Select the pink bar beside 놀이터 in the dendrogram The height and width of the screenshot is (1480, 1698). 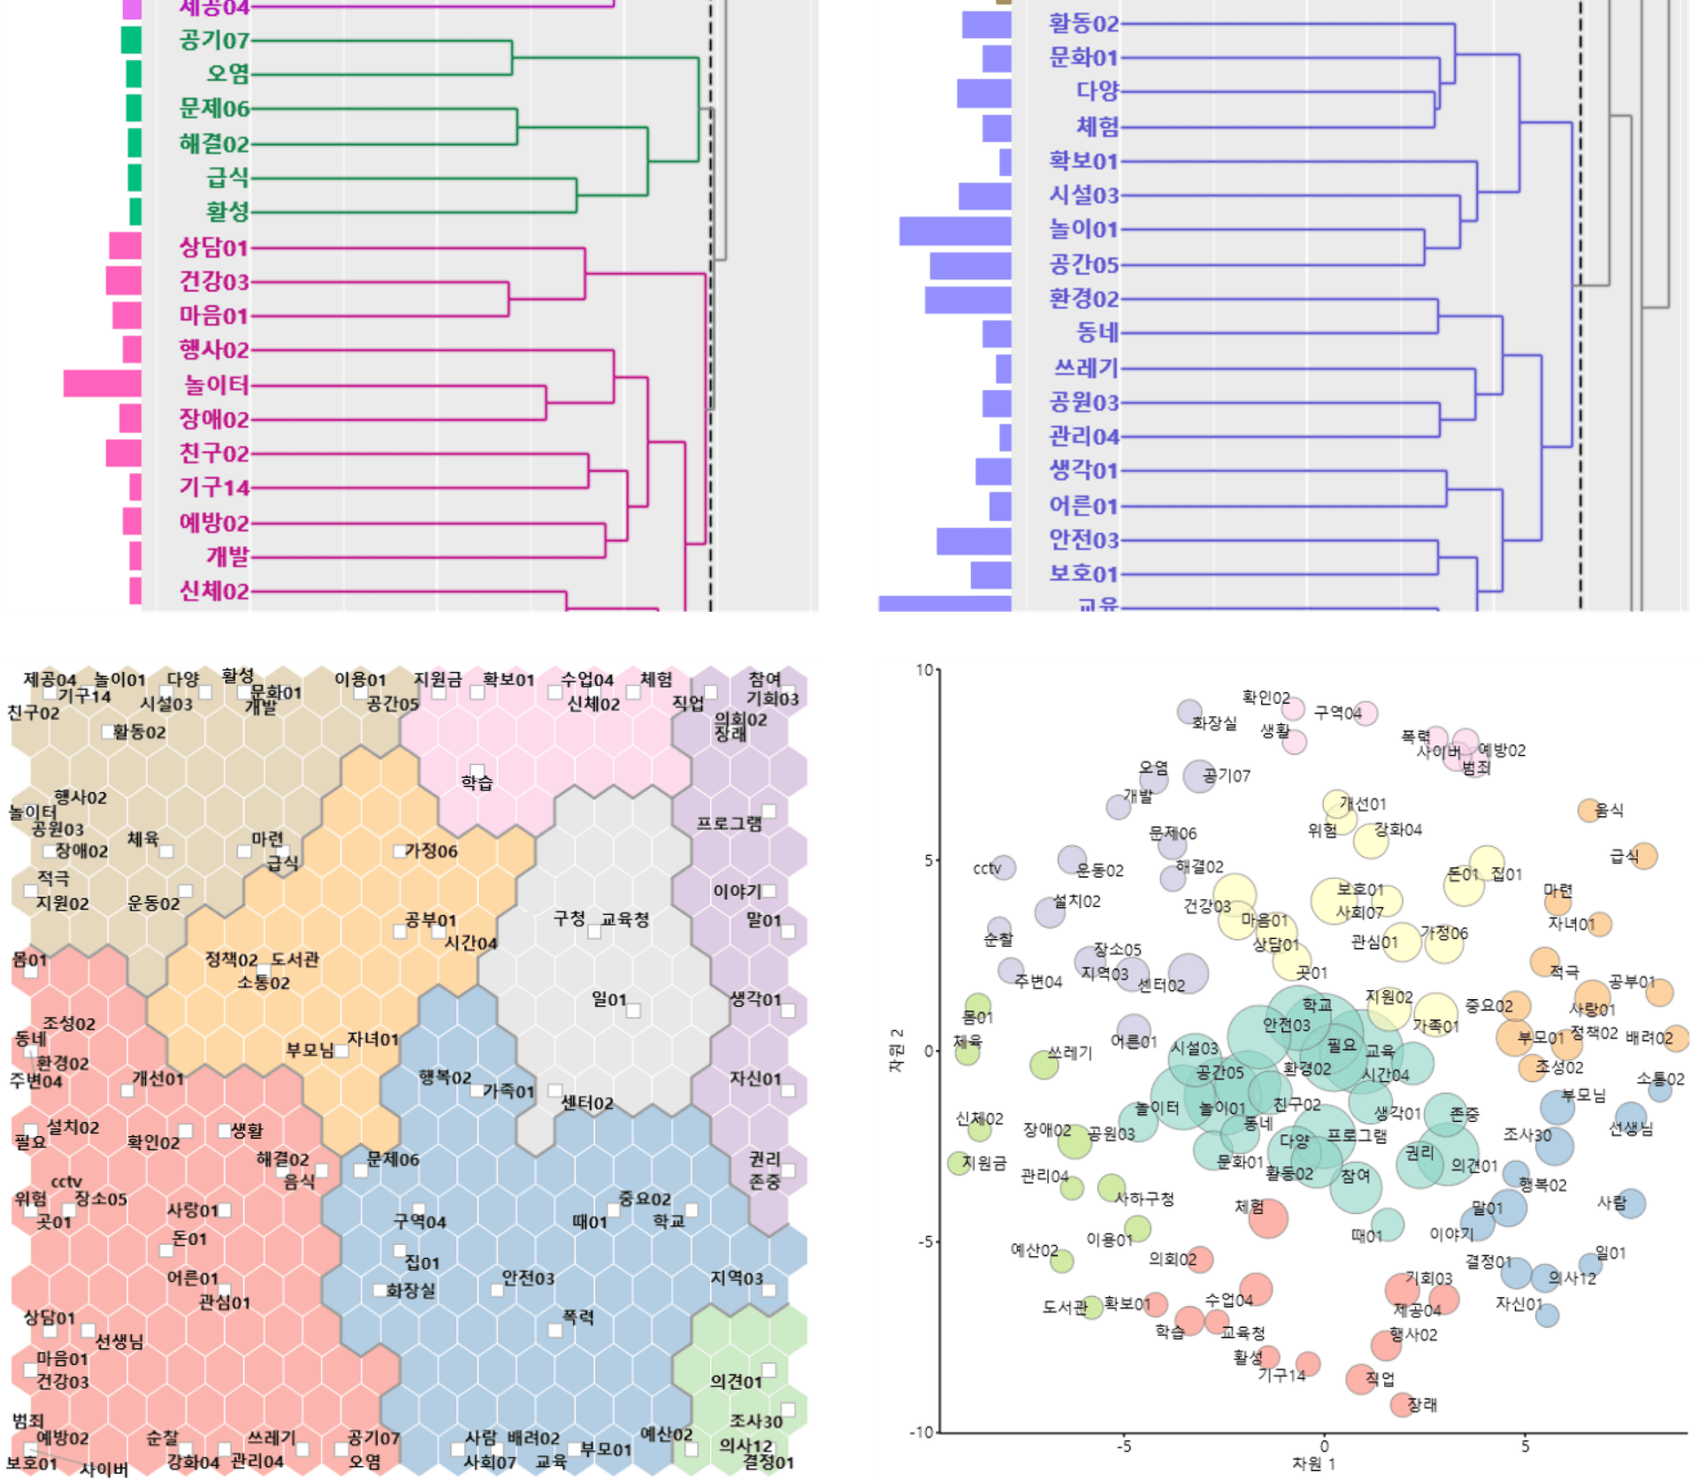click(103, 384)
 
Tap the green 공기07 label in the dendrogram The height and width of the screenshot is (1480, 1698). click(214, 40)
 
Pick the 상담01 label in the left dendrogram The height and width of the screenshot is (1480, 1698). click(214, 247)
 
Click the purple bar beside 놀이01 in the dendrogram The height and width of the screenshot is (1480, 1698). click(955, 231)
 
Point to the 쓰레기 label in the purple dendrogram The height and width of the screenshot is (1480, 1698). click(1086, 368)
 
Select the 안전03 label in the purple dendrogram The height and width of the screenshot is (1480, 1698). click(1083, 539)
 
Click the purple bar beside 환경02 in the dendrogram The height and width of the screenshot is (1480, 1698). click(968, 300)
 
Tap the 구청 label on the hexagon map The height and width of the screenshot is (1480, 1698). click(570, 919)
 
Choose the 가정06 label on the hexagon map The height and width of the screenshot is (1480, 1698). click(431, 851)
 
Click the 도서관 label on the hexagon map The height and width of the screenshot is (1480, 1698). click(294, 959)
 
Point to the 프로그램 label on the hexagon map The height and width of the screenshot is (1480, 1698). click(729, 823)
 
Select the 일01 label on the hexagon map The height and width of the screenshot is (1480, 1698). click(609, 999)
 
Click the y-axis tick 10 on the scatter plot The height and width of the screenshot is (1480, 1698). click(924, 670)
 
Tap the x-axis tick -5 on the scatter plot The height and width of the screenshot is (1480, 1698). click(1123, 1446)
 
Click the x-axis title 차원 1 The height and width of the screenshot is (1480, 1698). click(1313, 1463)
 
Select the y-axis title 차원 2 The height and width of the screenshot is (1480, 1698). click(897, 1050)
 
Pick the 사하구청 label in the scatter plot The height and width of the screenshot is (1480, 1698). click(1144, 1199)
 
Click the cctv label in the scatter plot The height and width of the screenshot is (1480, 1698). click(987, 868)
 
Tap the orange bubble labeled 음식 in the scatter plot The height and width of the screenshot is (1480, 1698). click(1589, 810)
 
